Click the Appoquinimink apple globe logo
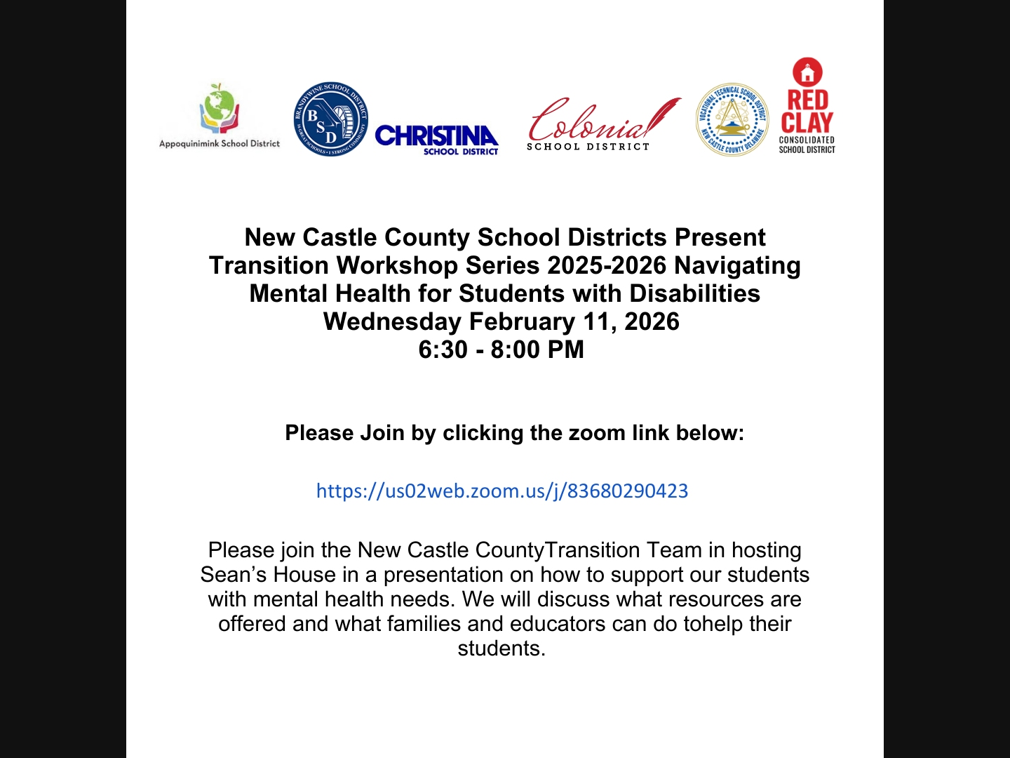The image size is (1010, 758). tap(220, 109)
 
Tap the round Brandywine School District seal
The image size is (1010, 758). tap(330, 119)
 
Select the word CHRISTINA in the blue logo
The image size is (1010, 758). tap(436, 135)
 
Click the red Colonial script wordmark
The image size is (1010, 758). tap(596, 121)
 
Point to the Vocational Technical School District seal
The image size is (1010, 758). tap(732, 119)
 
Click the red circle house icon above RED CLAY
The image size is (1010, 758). tap(807, 72)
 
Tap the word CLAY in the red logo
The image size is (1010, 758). tap(807, 123)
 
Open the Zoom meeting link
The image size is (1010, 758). tap(502, 491)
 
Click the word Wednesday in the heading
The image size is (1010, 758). tap(392, 321)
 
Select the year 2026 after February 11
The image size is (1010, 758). tap(652, 321)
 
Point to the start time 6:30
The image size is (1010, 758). tap(443, 350)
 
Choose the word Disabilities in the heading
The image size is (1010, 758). tap(694, 293)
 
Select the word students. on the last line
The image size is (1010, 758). tap(501, 649)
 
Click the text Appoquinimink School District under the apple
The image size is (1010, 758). tap(220, 144)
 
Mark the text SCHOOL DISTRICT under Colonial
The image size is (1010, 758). tap(588, 147)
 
